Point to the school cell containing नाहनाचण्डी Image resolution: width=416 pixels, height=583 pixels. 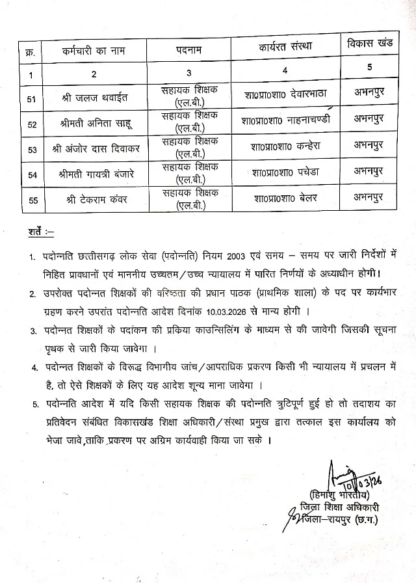tap(285, 120)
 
